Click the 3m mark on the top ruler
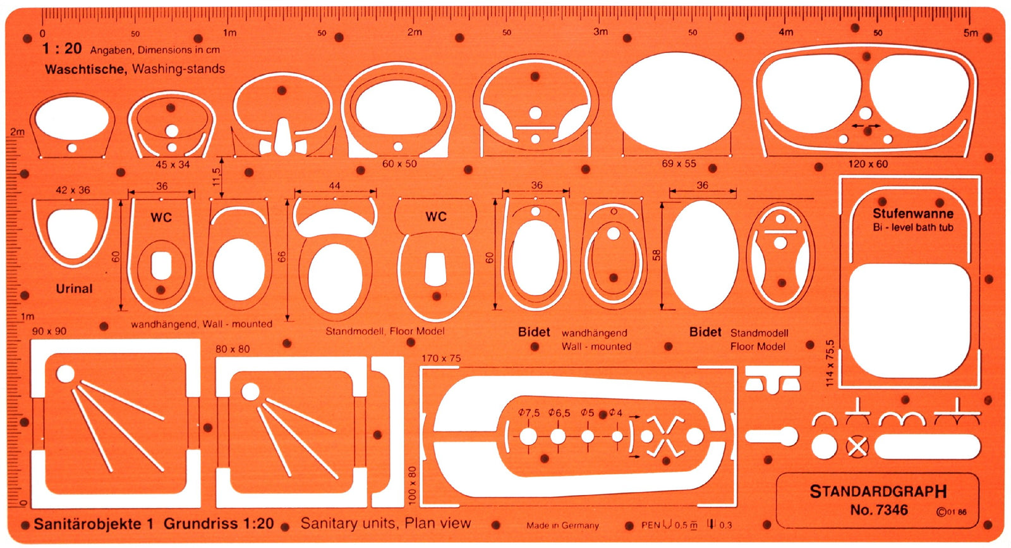pyautogui.click(x=600, y=32)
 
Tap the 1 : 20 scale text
pyautogui.click(x=62, y=49)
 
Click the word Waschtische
pyautogui.click(x=85, y=69)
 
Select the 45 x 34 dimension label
pyautogui.click(x=173, y=165)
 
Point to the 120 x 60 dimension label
pyautogui.click(x=868, y=164)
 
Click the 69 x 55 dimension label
pyautogui.click(x=679, y=164)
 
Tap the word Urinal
pyautogui.click(x=74, y=289)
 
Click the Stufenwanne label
pyautogui.click(x=913, y=213)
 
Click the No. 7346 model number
pyautogui.click(x=879, y=510)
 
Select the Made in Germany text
pyautogui.click(x=562, y=525)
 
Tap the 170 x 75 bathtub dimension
pyautogui.click(x=441, y=358)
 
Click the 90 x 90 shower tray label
pyautogui.click(x=49, y=331)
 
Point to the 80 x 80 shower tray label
pyautogui.click(x=233, y=349)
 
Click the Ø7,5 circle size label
pyautogui.click(x=528, y=413)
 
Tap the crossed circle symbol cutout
pyautogui.click(x=857, y=446)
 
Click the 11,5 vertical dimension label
pyautogui.click(x=216, y=177)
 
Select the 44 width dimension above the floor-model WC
pyautogui.click(x=334, y=186)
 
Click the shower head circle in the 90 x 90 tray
pyautogui.click(x=66, y=374)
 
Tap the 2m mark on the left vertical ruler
pyautogui.click(x=17, y=132)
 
